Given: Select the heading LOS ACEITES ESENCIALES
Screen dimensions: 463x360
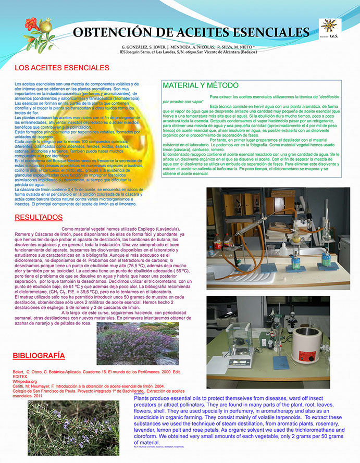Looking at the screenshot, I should pyautogui.click(x=62, y=68).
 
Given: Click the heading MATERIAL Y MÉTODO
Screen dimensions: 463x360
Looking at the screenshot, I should pyautogui.click(x=201, y=85).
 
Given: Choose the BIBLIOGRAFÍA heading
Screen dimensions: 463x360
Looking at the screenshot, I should pyautogui.click(x=39, y=356).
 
